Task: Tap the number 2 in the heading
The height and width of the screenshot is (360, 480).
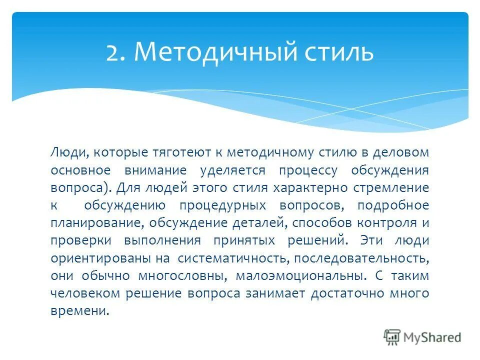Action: point(113,52)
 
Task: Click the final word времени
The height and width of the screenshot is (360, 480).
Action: point(79,310)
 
